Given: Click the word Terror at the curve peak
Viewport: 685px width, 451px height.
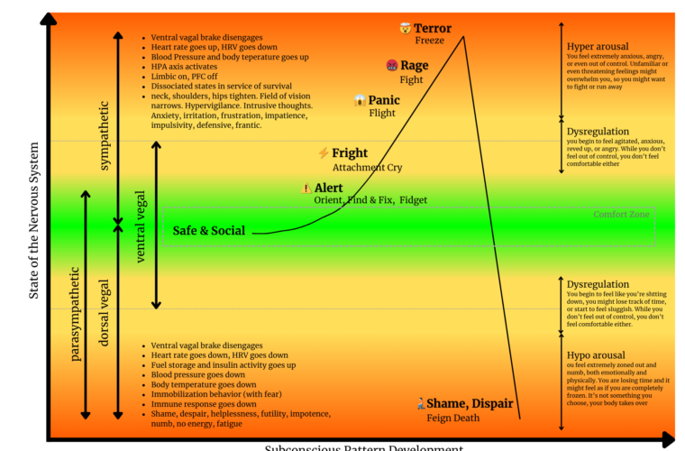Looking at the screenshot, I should point(433,29).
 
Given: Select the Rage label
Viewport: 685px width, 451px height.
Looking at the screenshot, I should point(414,66).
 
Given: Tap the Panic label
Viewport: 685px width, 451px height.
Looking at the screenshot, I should point(384,100).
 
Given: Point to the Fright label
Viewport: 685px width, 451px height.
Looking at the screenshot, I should point(350,153).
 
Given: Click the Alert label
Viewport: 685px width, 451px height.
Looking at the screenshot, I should point(328,188).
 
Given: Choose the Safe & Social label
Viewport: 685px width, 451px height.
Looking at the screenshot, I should point(208,231).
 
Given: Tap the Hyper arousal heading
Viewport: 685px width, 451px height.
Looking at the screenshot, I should point(598,47).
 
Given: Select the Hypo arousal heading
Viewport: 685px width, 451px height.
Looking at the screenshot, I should point(596,355).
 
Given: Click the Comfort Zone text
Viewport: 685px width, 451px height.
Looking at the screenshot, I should point(622,215).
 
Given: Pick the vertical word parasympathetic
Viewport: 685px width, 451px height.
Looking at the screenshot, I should point(76,313).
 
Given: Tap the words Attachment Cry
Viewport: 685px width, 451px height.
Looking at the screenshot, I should point(367,168).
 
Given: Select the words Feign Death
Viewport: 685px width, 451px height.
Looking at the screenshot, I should point(454,418).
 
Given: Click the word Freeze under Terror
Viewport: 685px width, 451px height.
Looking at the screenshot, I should point(430,41).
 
